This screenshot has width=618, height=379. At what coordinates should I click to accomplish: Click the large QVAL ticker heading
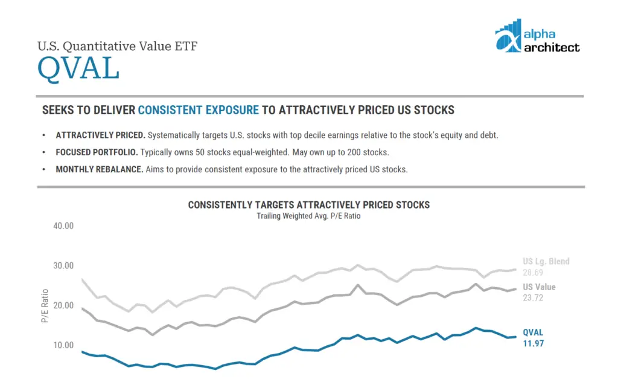(78, 69)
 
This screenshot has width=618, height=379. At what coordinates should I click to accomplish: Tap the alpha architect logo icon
(508, 36)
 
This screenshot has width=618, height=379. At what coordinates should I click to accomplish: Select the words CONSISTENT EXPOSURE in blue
(198, 110)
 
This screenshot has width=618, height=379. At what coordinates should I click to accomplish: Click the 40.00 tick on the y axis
(63, 226)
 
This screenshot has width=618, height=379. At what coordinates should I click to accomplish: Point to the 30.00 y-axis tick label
(63, 266)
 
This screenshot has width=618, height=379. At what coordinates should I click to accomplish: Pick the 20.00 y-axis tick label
(63, 306)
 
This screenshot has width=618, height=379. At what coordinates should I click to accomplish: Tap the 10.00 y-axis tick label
(63, 345)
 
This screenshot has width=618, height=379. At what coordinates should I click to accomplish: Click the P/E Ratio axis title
(45, 306)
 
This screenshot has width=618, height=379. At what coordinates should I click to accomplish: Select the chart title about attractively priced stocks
(308, 205)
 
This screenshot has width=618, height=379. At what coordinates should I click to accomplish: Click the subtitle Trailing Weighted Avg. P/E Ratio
(308, 216)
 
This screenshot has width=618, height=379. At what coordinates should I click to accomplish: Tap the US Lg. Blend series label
(546, 261)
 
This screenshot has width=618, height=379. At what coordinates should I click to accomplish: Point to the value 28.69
(533, 273)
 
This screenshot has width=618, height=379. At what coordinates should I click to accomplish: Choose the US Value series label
(539, 287)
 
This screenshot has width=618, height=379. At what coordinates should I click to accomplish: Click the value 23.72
(533, 297)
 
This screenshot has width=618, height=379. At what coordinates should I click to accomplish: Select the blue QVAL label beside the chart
(533, 332)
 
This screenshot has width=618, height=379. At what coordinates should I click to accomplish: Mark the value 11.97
(534, 343)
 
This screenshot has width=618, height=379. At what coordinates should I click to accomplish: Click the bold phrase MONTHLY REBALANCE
(100, 169)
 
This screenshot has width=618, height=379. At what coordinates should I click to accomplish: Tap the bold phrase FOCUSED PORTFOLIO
(97, 152)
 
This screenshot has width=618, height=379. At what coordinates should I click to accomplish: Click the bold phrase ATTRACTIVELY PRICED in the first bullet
(101, 135)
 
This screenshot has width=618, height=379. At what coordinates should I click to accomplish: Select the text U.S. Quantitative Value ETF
(118, 46)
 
